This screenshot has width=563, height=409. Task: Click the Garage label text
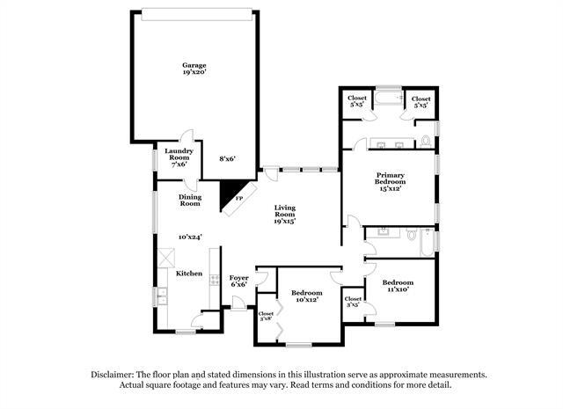(x=194, y=65)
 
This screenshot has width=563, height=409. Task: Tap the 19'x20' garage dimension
(x=194, y=74)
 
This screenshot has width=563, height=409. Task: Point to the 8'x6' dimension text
(x=227, y=159)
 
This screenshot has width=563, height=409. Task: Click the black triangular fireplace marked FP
(x=232, y=195)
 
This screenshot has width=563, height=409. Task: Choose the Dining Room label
(x=190, y=201)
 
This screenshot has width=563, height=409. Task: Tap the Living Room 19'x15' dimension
(x=283, y=222)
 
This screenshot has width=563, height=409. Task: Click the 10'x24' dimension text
(x=190, y=237)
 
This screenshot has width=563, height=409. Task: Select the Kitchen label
(x=189, y=274)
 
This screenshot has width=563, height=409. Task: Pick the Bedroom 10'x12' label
(x=306, y=296)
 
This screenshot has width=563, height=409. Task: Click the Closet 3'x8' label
(x=266, y=316)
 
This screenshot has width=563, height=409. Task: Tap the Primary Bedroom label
(x=390, y=179)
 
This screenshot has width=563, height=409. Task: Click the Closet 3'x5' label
(x=353, y=303)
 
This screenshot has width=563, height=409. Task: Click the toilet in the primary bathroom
(x=426, y=139)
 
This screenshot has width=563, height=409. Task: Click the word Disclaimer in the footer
(x=117, y=374)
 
